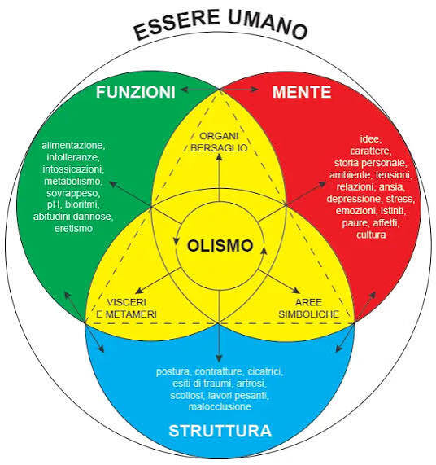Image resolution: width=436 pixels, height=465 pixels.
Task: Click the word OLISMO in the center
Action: (x=220, y=246)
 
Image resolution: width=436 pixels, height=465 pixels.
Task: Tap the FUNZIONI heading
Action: (x=136, y=92)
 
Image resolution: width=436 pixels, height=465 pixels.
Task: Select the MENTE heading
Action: (x=302, y=92)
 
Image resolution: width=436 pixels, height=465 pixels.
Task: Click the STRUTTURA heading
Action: (x=220, y=431)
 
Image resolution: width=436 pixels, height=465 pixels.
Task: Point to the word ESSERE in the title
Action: (x=177, y=25)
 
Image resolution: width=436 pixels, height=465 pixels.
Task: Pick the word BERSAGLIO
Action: (x=219, y=147)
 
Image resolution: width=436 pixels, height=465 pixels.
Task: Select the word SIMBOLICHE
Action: (x=308, y=314)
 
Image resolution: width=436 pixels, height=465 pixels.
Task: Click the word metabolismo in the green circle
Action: (x=73, y=181)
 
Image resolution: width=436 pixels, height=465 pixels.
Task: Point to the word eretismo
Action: (x=73, y=228)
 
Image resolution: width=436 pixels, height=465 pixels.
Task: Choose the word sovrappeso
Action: (x=73, y=193)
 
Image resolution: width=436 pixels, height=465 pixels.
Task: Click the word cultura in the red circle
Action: (x=371, y=235)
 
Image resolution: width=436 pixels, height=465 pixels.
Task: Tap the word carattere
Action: (x=371, y=151)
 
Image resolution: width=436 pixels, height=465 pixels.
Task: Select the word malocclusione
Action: (x=220, y=406)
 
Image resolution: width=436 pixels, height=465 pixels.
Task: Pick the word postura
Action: (x=173, y=371)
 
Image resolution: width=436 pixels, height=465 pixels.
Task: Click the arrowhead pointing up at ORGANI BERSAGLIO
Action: (x=219, y=157)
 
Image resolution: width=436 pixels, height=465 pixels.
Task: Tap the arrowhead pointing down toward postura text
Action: (x=219, y=358)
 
